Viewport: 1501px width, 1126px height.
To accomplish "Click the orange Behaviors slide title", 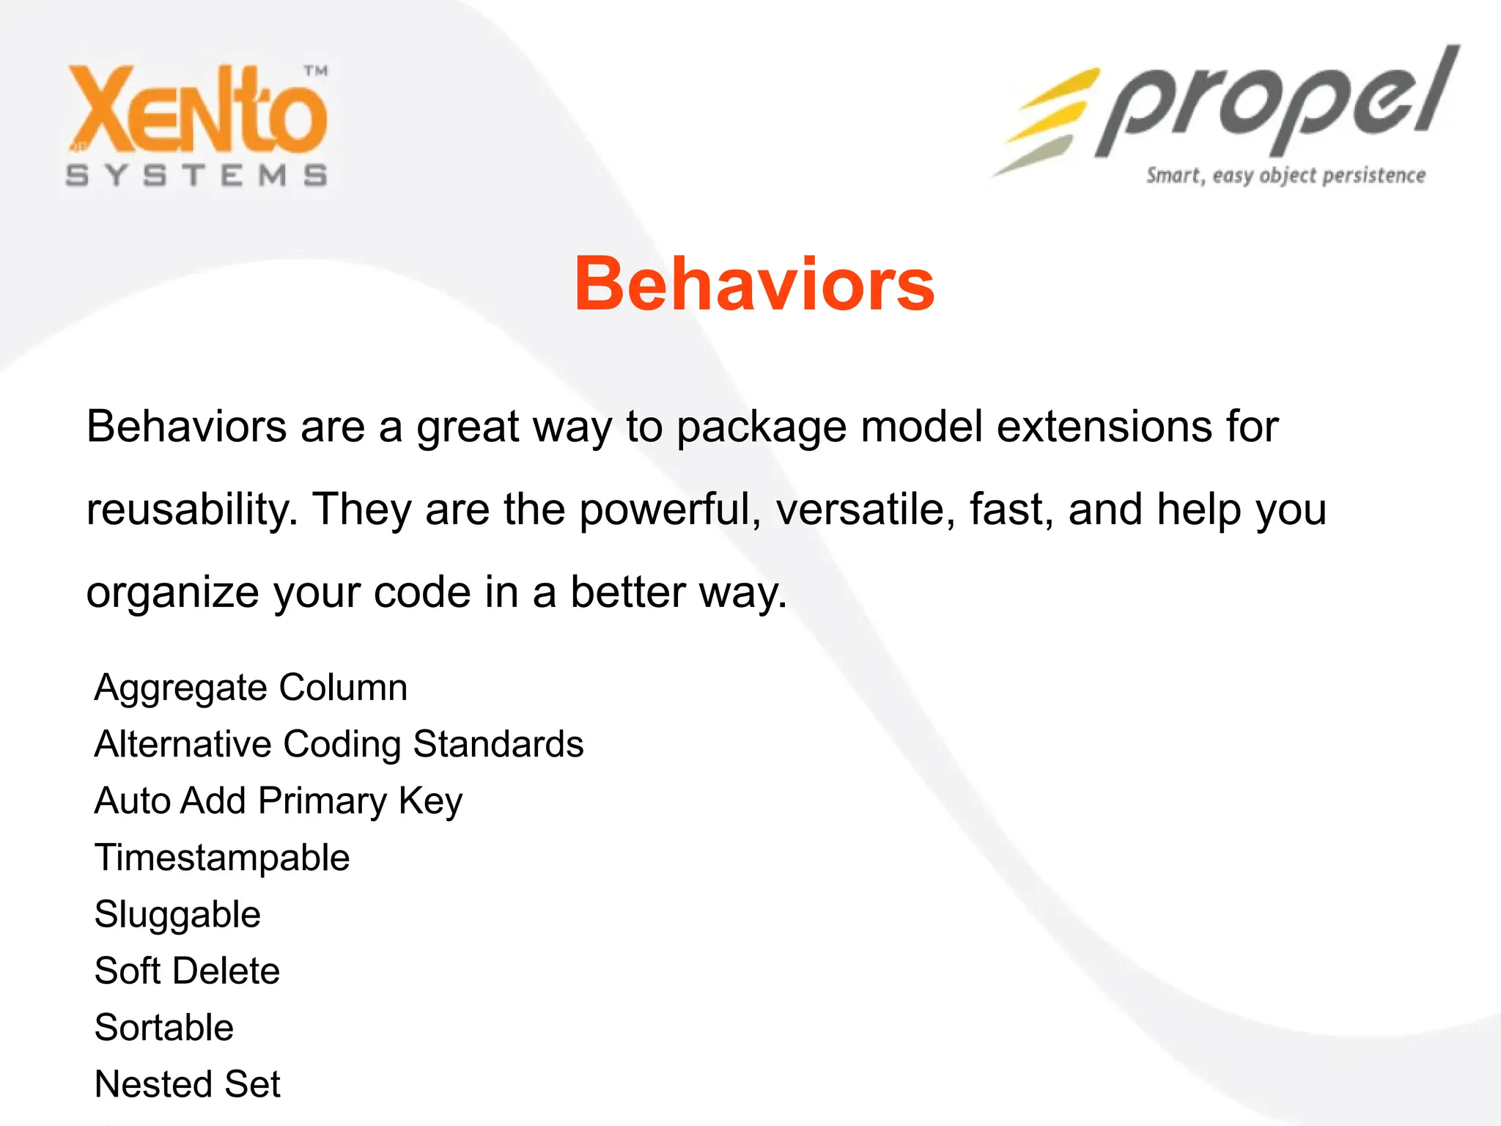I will [x=754, y=284].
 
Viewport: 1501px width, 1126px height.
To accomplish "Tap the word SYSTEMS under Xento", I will [x=196, y=175].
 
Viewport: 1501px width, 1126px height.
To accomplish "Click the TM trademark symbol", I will [x=316, y=71].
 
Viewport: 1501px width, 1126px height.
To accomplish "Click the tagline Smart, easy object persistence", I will [x=1286, y=176].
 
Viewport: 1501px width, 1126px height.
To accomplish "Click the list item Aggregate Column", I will [x=251, y=688].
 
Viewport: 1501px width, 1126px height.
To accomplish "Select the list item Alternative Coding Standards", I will [x=339, y=744].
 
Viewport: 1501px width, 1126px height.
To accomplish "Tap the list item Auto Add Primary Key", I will [x=279, y=801].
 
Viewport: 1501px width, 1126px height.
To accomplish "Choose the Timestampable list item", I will [x=222, y=858].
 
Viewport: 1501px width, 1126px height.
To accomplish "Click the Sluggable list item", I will [x=177, y=915].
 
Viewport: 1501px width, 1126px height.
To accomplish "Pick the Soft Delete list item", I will [x=187, y=971].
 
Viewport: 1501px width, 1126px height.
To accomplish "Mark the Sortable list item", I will [x=164, y=1027].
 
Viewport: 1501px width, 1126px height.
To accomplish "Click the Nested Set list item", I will [x=188, y=1083].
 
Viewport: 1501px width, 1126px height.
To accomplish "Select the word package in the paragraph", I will [x=761, y=427].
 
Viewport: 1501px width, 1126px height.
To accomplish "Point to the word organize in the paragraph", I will [x=172, y=592].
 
